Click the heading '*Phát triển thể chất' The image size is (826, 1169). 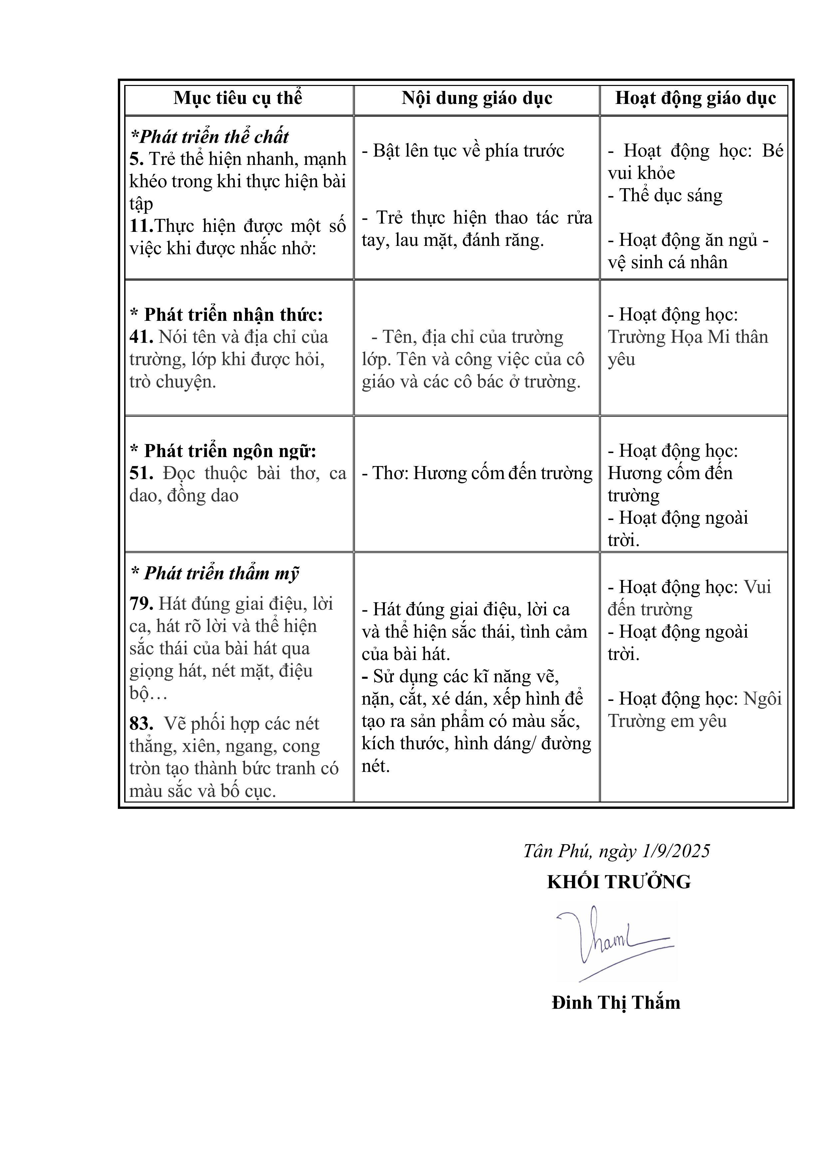[x=210, y=137]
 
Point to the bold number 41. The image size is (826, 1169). [x=141, y=337]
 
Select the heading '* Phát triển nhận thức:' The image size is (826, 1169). [x=226, y=314]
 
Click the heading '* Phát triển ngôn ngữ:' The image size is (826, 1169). [x=223, y=451]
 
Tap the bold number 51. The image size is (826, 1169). [x=141, y=473]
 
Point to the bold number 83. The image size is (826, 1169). [x=141, y=724]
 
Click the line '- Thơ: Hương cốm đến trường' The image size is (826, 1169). [x=477, y=473]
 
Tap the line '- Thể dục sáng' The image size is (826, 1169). [x=665, y=196]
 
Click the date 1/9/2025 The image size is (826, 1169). [x=677, y=851]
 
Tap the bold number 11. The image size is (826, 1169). [x=141, y=226]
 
